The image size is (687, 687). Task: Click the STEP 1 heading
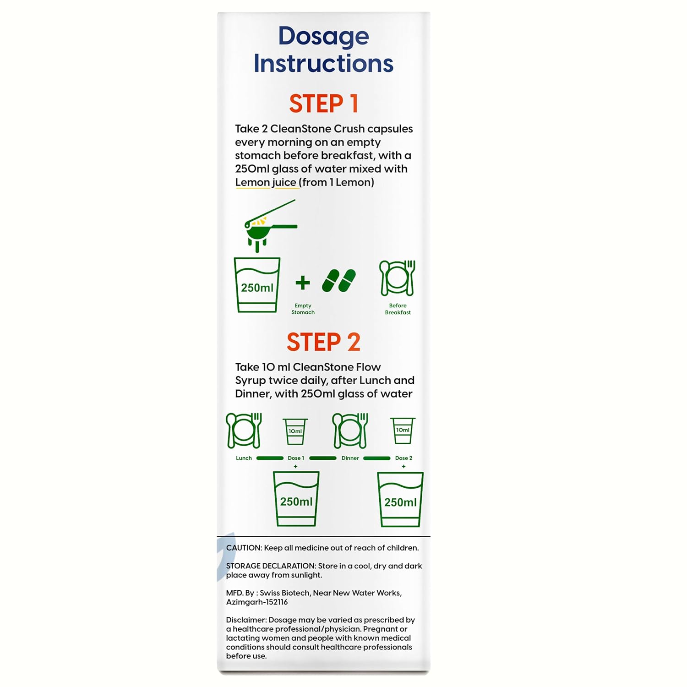(x=323, y=104)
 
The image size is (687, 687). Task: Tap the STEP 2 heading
(x=323, y=342)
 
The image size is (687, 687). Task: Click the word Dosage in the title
(x=323, y=36)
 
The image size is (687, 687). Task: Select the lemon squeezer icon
(x=271, y=226)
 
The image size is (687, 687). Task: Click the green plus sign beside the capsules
(x=302, y=283)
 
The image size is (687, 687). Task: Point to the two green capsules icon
(x=339, y=280)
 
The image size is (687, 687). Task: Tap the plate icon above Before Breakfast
(x=398, y=278)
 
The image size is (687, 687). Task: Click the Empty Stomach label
(x=303, y=309)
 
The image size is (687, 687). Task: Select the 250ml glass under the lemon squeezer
(x=257, y=285)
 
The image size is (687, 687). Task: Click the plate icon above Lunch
(x=244, y=431)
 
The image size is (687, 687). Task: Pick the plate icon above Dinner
(x=350, y=431)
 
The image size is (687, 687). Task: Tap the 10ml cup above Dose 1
(x=295, y=431)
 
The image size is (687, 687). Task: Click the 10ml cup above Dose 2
(x=403, y=431)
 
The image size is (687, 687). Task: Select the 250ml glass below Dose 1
(x=296, y=499)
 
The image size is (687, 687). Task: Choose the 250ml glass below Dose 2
(x=400, y=499)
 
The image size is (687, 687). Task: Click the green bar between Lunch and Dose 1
(x=270, y=458)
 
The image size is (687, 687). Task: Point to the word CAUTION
(x=244, y=548)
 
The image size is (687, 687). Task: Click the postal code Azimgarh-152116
(x=257, y=602)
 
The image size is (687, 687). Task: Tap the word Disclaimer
(x=246, y=620)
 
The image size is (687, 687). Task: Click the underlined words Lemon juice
(x=266, y=182)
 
